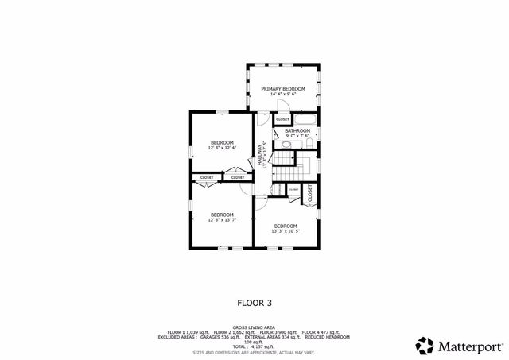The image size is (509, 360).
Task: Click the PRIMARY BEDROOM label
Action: pyautogui.click(x=283, y=88)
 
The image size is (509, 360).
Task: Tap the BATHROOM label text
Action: pyautogui.click(x=297, y=130)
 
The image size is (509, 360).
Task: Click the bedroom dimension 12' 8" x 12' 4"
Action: pyautogui.click(x=222, y=148)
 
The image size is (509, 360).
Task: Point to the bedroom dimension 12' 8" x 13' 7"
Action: pyautogui.click(x=222, y=220)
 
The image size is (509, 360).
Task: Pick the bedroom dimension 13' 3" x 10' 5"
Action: pyautogui.click(x=286, y=231)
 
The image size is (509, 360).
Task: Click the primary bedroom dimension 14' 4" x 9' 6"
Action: pyautogui.click(x=283, y=94)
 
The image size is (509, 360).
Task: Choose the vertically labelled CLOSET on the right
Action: pyautogui.click(x=309, y=192)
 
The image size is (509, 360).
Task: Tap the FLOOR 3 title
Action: pyautogui.click(x=254, y=302)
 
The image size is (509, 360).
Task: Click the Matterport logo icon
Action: pyautogui.click(x=425, y=346)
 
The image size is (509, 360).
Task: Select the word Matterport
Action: pyautogui.click(x=470, y=346)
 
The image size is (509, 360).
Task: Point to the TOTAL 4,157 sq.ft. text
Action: pyautogui.click(x=254, y=346)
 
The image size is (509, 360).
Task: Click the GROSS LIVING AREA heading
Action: pyautogui.click(x=254, y=327)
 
